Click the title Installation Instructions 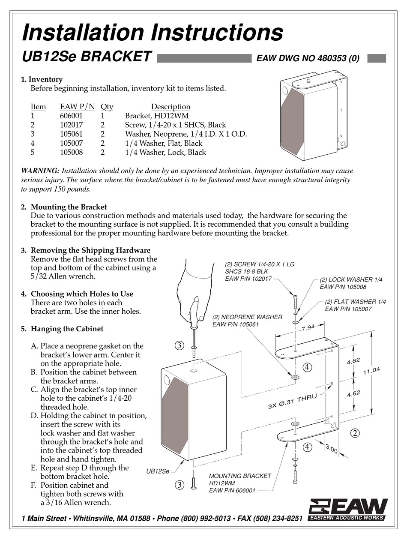pos(152,32)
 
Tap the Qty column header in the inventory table pos(107,107)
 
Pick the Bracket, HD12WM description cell pos(157,116)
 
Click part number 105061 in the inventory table pos(71,134)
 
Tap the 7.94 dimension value pos(308,329)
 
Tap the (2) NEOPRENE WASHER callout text pos(247,321)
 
